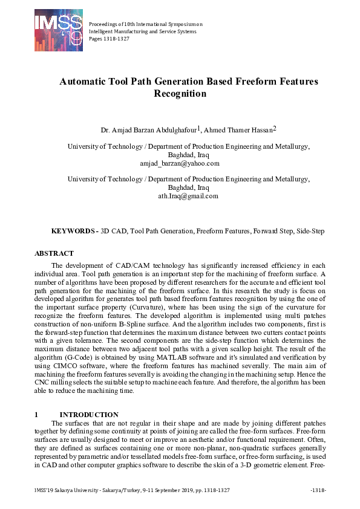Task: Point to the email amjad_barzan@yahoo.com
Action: coord(180,163)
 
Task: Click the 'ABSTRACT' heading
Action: coord(54,253)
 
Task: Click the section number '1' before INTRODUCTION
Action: coord(36,414)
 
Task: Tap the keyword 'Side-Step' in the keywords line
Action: coord(310,231)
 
